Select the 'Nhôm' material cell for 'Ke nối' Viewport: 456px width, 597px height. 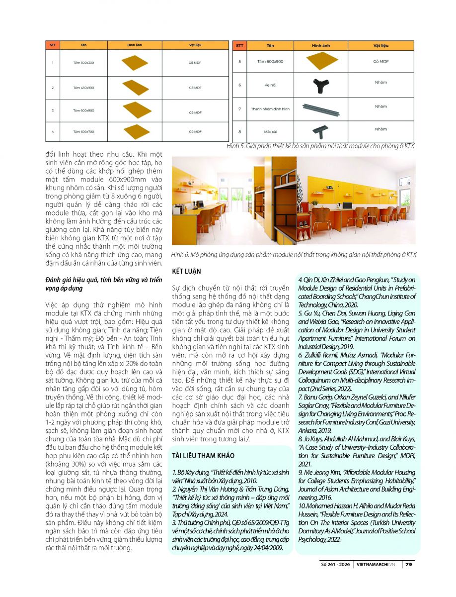tap(380, 83)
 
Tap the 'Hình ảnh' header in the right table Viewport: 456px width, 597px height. tap(321, 45)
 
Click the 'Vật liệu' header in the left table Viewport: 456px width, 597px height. tap(195, 45)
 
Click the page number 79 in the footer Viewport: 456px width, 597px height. tap(408, 564)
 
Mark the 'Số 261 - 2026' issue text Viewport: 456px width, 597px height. tap(338, 564)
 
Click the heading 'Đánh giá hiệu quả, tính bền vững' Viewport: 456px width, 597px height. tap(103, 281)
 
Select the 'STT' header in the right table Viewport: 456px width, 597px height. tap(240, 45)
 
